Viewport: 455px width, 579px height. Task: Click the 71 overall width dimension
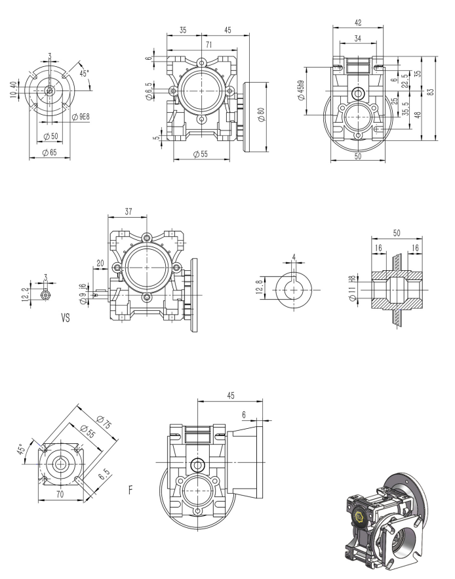coord(208,45)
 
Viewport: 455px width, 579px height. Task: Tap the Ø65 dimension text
coord(49,152)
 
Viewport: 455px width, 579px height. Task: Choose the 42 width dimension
coord(357,22)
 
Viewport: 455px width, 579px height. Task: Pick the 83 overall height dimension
coord(431,92)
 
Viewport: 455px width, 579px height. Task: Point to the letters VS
coord(66,319)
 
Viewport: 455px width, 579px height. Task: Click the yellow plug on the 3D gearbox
coord(360,518)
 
